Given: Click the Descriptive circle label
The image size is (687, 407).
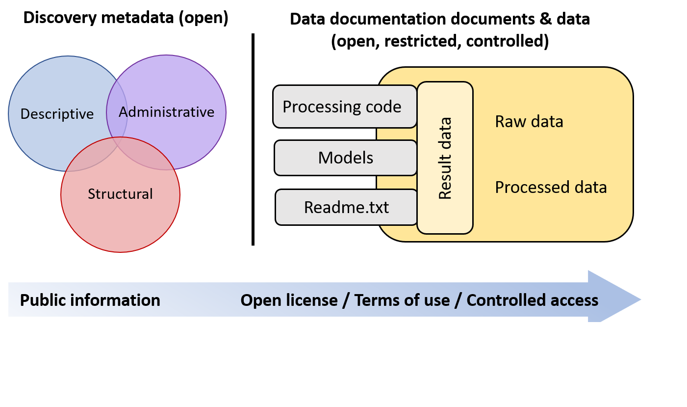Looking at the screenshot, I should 57,114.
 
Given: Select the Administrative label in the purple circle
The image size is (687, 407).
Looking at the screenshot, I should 167,112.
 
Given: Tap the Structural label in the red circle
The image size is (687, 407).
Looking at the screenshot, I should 120,194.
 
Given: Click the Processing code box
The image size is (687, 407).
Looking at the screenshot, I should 342,107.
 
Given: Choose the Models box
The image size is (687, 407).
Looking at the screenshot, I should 345,158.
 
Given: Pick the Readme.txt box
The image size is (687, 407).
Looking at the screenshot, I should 346,207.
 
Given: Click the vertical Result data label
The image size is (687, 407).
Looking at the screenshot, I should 445,158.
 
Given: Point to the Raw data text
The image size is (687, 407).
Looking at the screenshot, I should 529,121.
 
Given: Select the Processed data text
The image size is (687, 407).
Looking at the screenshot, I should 551,187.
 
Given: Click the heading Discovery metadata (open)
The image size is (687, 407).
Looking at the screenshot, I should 126,18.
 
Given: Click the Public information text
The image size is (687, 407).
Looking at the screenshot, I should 90,300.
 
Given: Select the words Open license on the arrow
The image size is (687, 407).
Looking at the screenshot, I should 289,300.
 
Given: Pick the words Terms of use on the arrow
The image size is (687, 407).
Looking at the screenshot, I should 402,300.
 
